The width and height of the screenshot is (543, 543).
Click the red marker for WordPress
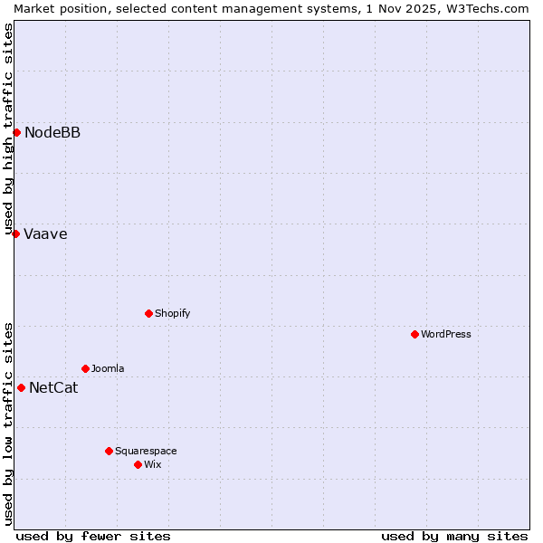click(x=414, y=334)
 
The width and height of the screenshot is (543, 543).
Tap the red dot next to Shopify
click(x=148, y=313)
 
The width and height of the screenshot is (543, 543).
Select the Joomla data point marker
click(x=85, y=368)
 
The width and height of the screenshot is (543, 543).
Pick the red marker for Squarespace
click(x=109, y=451)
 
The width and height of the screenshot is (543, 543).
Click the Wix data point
click(x=138, y=464)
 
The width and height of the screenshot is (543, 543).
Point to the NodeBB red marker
click(x=16, y=133)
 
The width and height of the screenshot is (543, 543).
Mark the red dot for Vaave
click(x=15, y=233)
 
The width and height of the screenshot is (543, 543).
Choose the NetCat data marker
click(x=21, y=387)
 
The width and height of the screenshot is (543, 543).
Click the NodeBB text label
click(x=52, y=133)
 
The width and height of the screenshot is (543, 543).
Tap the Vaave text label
click(x=45, y=234)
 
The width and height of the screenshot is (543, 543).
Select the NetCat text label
click(x=53, y=388)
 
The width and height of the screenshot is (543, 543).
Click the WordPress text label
click(x=446, y=334)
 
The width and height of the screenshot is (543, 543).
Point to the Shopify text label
click(x=172, y=313)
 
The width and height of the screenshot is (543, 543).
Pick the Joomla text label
click(x=108, y=368)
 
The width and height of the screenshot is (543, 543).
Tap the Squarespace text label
click(x=146, y=451)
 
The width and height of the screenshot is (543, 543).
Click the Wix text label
click(x=152, y=464)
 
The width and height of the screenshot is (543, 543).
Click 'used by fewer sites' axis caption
click(x=93, y=536)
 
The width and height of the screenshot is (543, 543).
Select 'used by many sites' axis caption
click(x=454, y=536)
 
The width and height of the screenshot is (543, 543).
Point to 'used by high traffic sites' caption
click(x=8, y=129)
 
